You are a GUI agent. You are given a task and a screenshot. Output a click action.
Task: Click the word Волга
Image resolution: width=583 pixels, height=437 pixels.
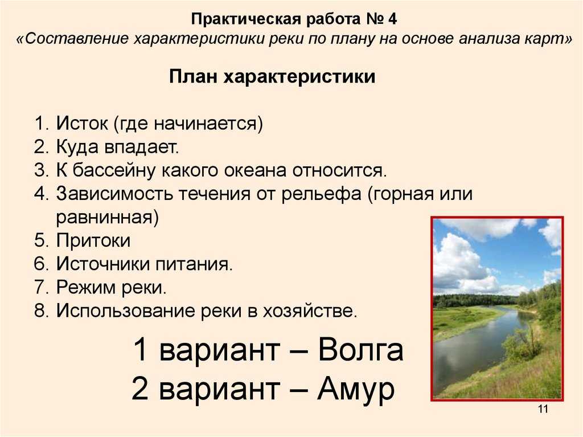coord(360,349)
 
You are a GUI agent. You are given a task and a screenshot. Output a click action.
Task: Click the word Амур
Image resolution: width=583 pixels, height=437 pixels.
coord(356,389)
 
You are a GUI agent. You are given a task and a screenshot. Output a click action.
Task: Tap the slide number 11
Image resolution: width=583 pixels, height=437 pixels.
coord(543,409)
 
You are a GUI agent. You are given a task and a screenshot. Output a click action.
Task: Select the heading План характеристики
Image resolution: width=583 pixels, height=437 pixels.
coord(272,77)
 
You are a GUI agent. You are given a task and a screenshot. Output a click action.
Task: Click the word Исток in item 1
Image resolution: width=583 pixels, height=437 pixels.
coord(82,123)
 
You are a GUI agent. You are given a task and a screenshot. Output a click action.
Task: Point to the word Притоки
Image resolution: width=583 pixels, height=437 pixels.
coord(93,240)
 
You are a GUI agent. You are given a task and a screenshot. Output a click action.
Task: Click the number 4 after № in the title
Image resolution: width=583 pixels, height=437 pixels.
coord(392,19)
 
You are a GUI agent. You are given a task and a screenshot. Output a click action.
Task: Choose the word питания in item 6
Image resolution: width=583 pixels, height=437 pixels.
coord(194,264)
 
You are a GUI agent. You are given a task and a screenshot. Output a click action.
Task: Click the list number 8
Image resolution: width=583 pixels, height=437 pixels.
coord(41,311)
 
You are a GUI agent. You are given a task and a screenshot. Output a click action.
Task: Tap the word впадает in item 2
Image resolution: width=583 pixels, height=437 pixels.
coord(142,147)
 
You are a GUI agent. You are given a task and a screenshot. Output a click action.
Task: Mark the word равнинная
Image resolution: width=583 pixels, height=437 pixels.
coord(107,218)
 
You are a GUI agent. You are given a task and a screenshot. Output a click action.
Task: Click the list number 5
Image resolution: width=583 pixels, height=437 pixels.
coord(41,240)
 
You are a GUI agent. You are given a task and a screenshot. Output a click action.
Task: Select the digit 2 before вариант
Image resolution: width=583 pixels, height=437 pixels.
coord(140,389)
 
